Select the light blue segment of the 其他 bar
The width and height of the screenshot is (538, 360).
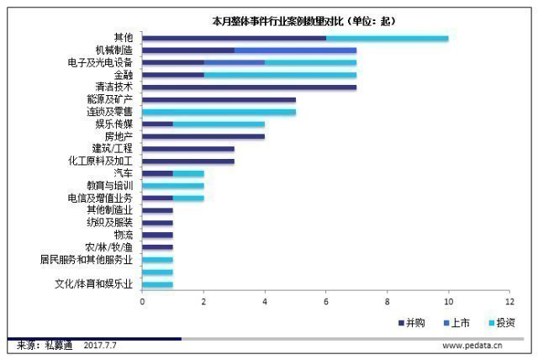pos(387,38)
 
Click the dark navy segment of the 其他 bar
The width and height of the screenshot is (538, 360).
pos(234,38)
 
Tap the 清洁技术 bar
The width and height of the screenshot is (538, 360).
pos(249,87)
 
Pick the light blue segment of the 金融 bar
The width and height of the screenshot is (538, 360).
pos(280,75)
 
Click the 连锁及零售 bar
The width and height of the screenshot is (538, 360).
pos(219,112)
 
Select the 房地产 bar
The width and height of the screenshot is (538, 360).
pos(203,136)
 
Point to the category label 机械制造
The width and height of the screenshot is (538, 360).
pos(113,50)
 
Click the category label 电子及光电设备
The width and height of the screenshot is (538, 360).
pos(98,62)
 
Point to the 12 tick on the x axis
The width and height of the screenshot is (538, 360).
pos(509,300)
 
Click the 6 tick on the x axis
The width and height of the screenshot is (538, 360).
pos(325,300)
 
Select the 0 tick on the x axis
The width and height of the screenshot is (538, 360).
pos(142,300)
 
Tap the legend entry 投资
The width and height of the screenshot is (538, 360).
pos(505,322)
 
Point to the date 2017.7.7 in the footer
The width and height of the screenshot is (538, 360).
pos(100,345)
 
